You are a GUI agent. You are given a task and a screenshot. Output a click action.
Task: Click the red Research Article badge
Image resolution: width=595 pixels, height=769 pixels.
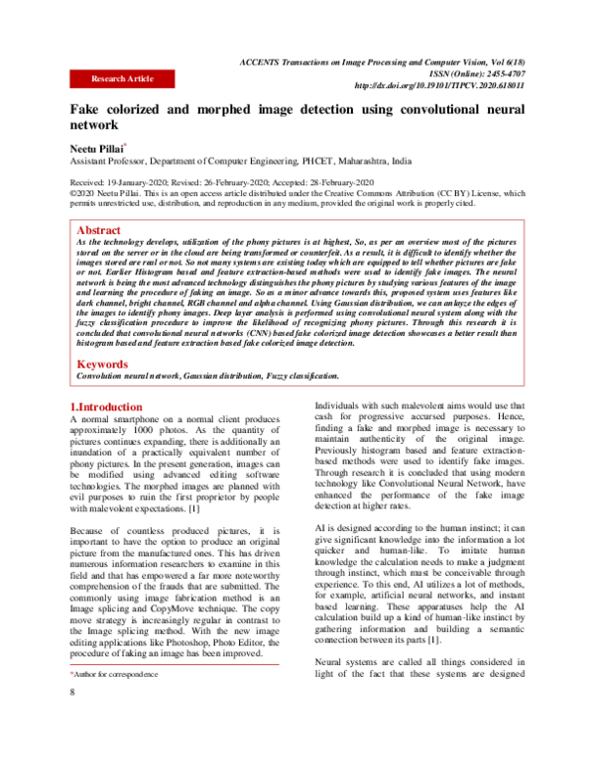click(x=122, y=76)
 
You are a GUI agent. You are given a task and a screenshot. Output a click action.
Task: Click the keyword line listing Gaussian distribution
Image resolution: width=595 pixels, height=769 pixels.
click(x=208, y=377)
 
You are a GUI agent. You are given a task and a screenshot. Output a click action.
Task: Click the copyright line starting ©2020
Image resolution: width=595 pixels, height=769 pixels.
click(x=297, y=194)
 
